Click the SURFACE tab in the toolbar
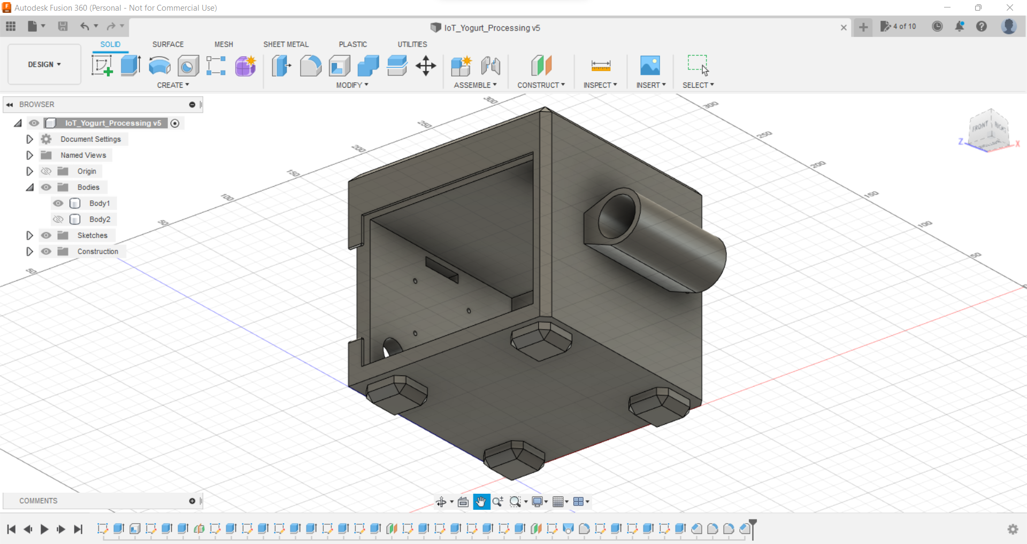[168, 44]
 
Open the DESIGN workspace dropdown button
[44, 64]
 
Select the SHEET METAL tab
[286, 44]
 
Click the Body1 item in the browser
[99, 203]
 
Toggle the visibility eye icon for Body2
[58, 219]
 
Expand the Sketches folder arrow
[29, 235]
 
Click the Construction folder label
[97, 251]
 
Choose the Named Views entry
[83, 155]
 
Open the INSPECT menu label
[600, 85]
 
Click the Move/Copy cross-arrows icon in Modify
[426, 66]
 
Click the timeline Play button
[44, 529]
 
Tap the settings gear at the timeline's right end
[1013, 529]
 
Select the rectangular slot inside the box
[442, 269]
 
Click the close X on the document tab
[844, 27]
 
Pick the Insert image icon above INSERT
[650, 66]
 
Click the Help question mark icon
[982, 26]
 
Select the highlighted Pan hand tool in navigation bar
[481, 502]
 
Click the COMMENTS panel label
[39, 501]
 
